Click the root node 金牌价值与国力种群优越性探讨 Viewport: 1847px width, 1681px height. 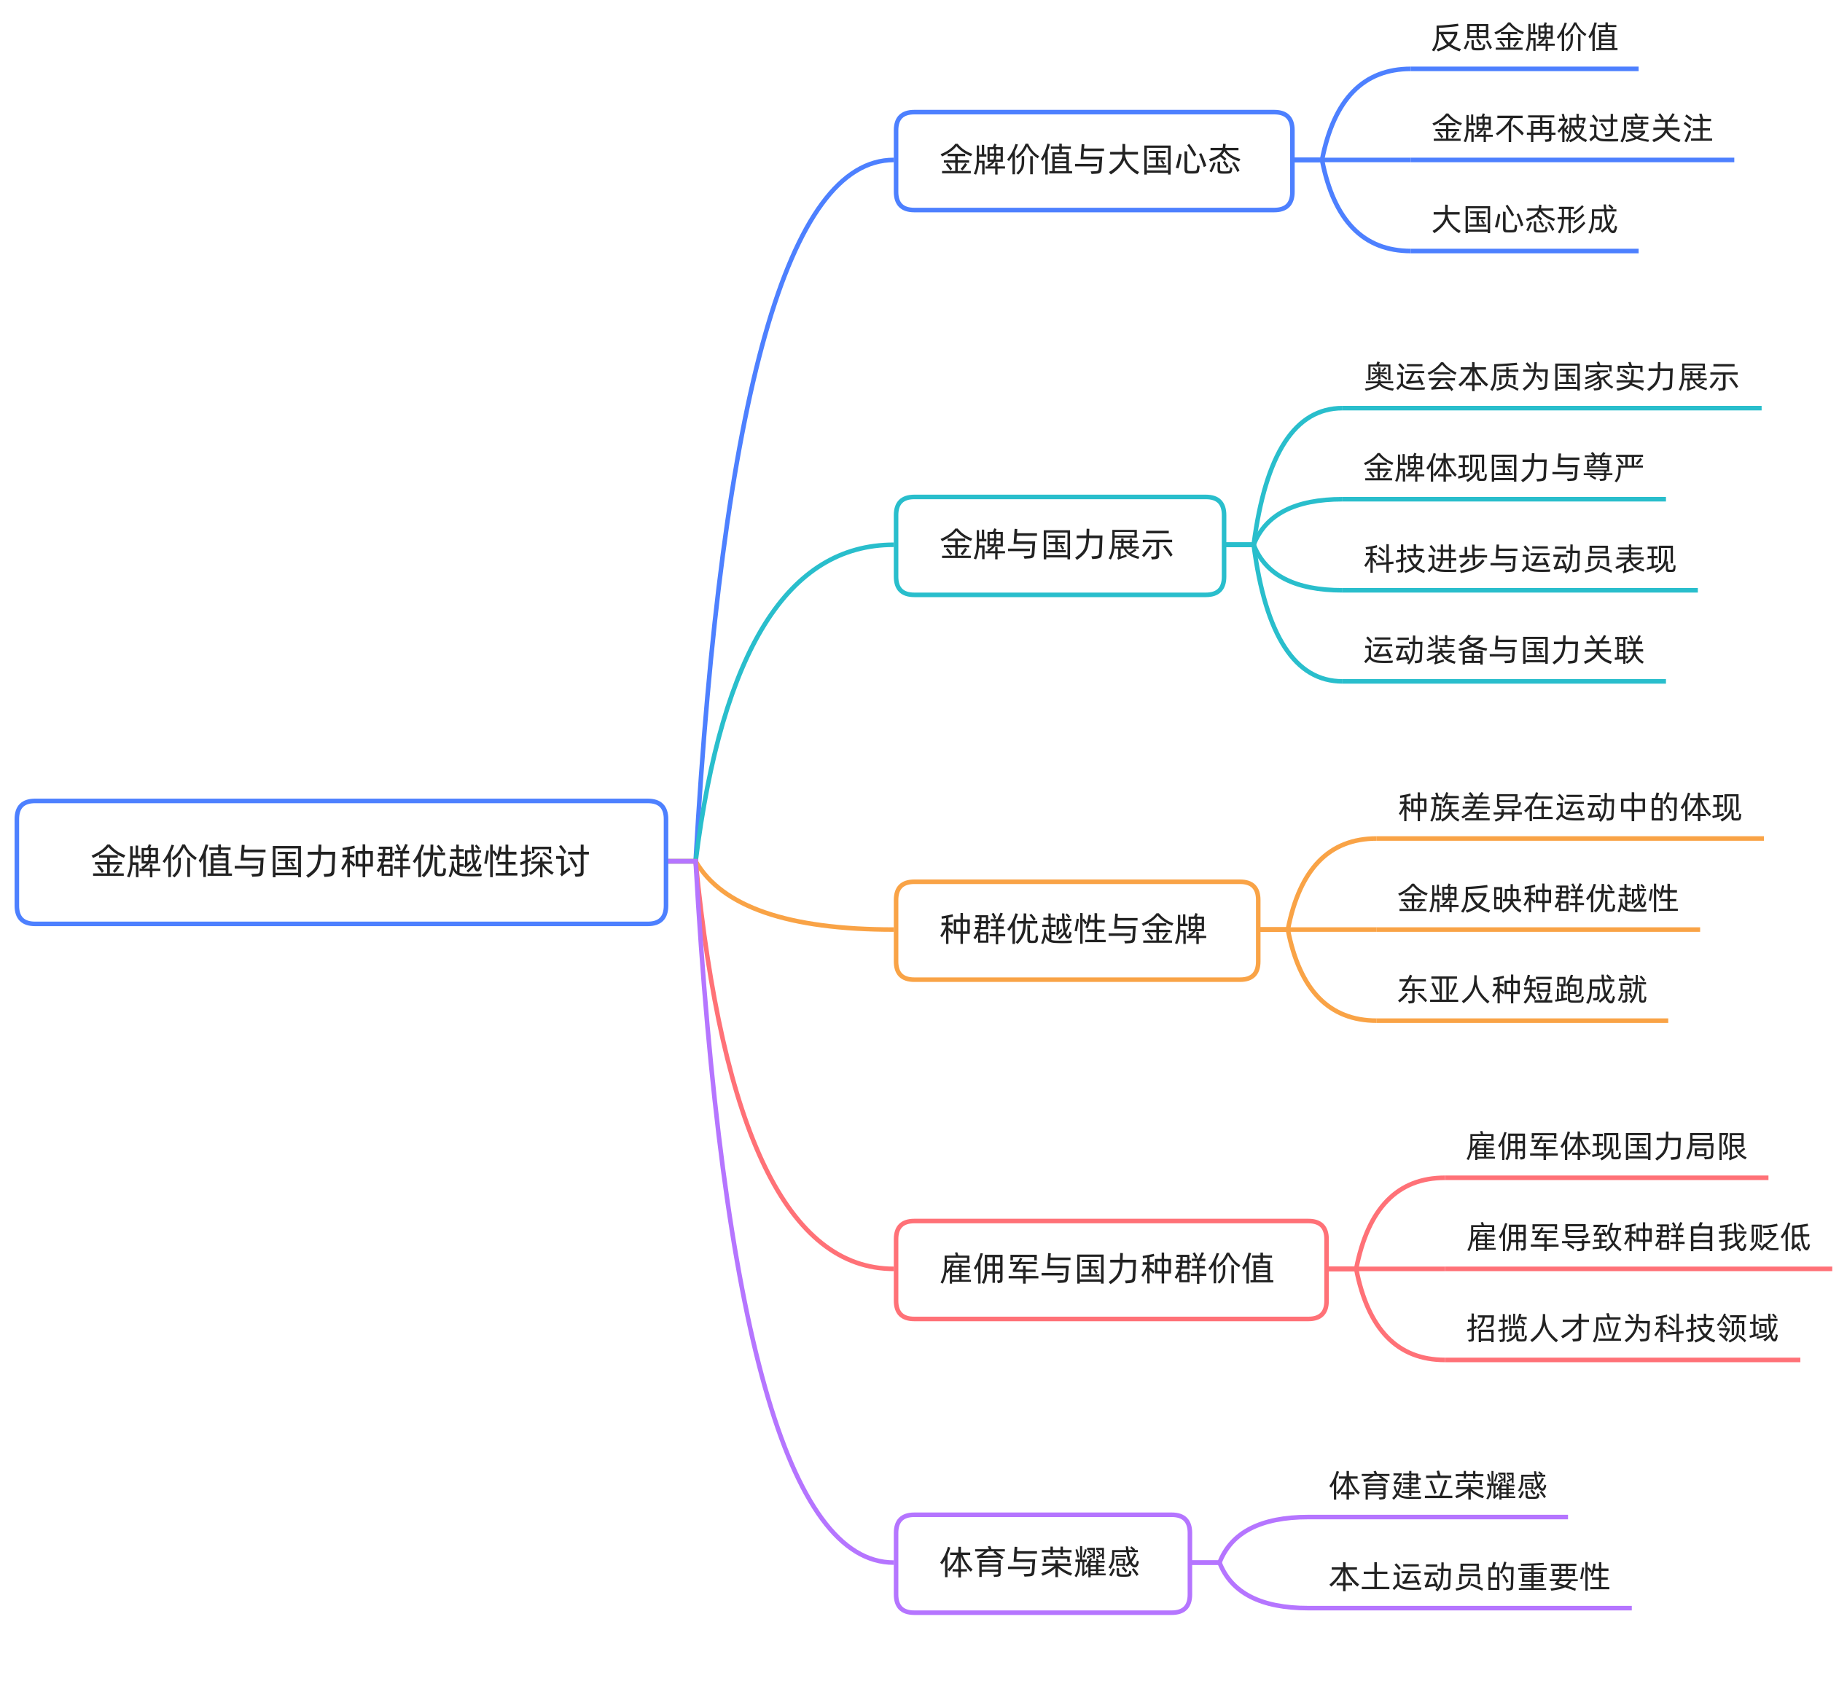[341, 862]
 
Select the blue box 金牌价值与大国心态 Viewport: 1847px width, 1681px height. [1094, 160]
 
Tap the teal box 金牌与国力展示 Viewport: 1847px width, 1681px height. [1060, 545]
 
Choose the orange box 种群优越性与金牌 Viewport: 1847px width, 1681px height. [1077, 930]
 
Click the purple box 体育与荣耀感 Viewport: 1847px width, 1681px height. [1042, 1563]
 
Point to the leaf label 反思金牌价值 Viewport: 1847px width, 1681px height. [1525, 38]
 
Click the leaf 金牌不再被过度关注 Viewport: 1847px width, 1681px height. [1572, 128]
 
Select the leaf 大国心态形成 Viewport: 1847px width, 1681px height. [1525, 220]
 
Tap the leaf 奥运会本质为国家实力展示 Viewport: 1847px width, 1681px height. [1551, 377]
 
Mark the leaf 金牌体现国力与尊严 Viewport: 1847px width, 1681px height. [1504, 468]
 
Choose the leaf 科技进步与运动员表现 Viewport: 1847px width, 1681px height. [1520, 559]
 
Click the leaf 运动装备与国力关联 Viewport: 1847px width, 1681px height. [1504, 651]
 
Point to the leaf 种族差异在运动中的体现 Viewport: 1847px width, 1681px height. [1569, 807]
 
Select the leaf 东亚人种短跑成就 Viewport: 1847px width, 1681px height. [1522, 990]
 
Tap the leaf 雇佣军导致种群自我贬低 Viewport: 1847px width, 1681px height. [1638, 1238]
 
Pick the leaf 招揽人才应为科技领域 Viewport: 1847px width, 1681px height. [1623, 1328]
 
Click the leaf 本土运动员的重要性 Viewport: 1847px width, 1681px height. [1469, 1577]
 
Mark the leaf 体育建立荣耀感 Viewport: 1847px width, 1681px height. [1437, 1486]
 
